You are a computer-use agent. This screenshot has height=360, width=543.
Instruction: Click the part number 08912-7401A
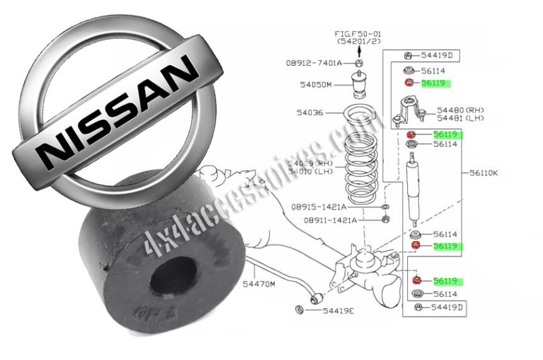click(314, 63)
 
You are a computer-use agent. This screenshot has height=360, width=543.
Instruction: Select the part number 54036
click(309, 113)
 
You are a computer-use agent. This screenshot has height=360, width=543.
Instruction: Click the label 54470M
click(260, 285)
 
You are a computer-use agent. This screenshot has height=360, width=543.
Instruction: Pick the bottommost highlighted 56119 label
click(445, 280)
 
